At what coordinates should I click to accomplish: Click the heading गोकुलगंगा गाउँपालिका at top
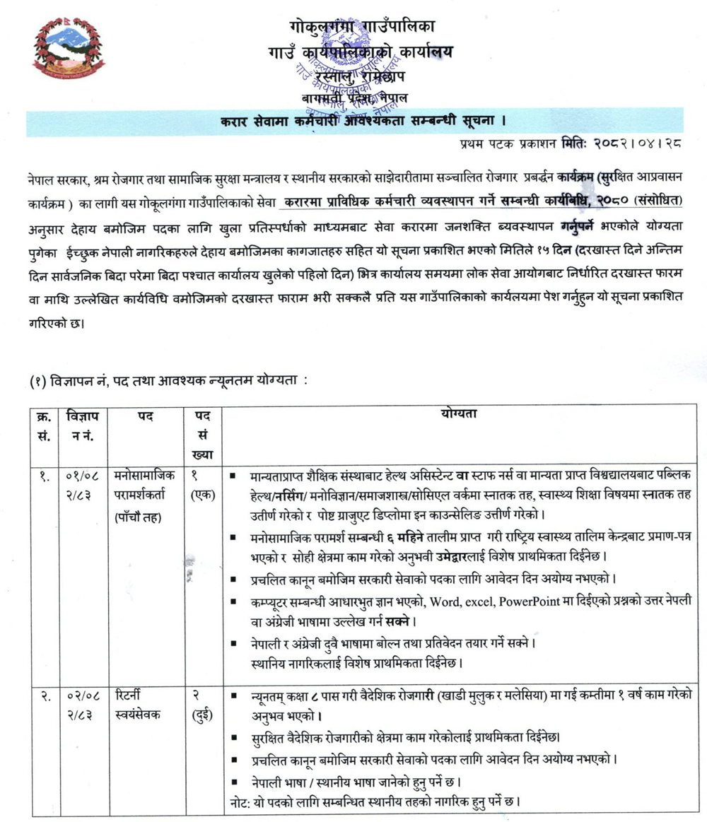point(363,27)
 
